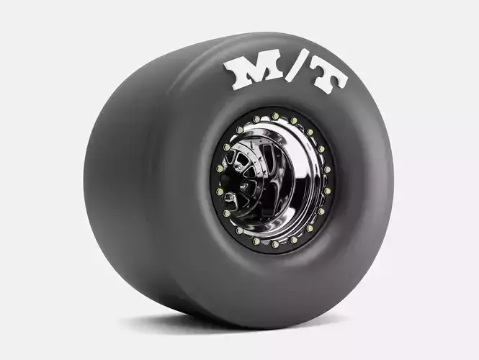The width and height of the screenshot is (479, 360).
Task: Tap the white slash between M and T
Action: [292, 70]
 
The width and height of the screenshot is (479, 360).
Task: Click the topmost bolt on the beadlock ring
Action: [275, 116]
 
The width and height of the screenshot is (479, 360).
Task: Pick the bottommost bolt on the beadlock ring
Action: [274, 244]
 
